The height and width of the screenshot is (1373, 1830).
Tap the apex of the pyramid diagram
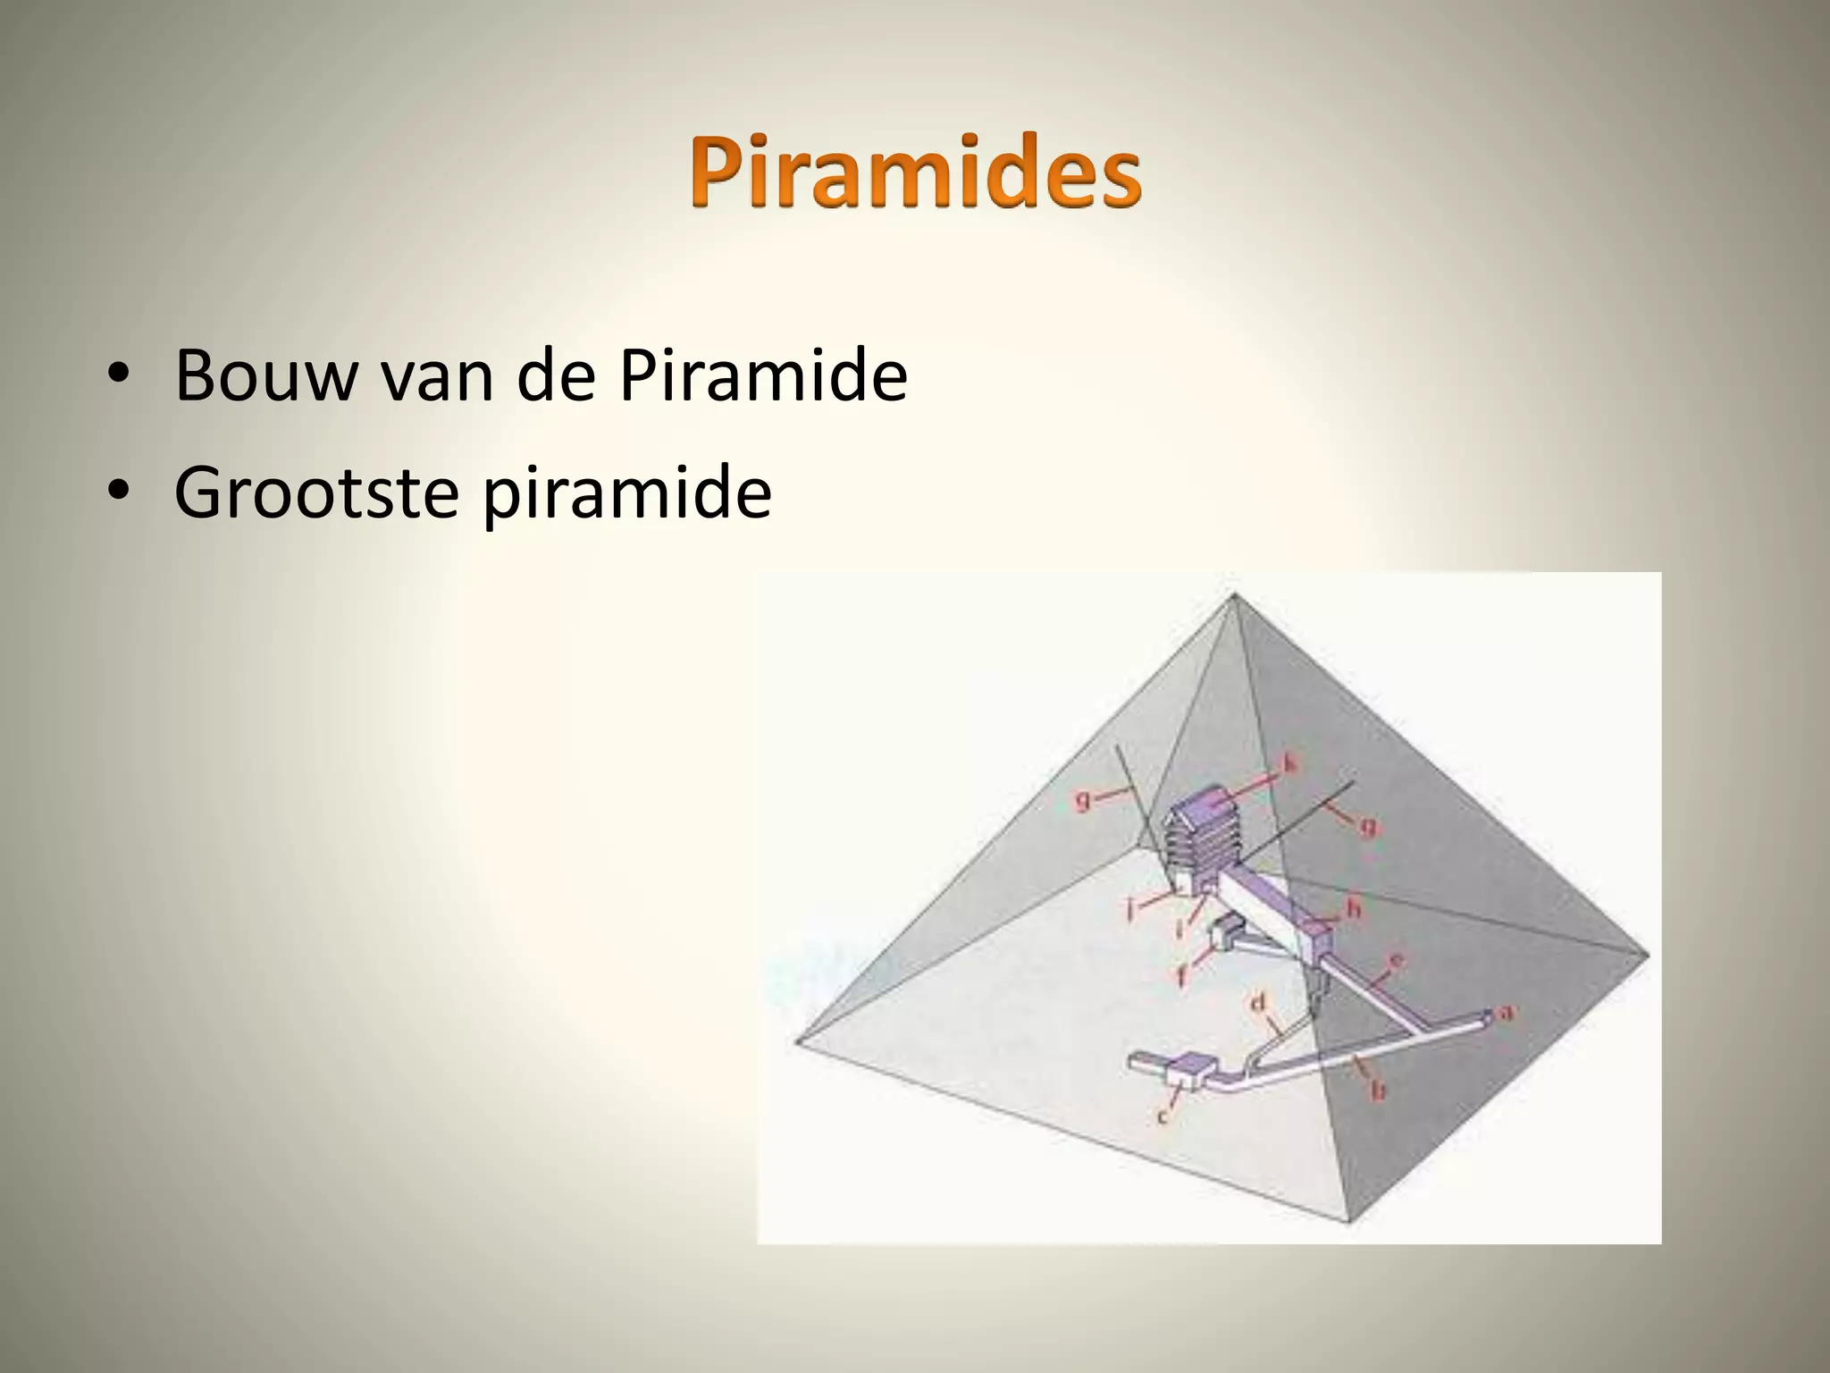point(1233,594)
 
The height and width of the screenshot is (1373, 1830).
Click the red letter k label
point(1289,763)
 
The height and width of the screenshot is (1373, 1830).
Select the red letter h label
point(1353,910)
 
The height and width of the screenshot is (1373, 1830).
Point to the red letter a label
point(1506,1013)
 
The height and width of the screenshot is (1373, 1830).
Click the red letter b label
point(1379,1090)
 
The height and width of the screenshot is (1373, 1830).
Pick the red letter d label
point(1258,1004)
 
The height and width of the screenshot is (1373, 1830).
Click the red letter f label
point(1181,977)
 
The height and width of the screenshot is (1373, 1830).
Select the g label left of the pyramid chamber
point(1084,801)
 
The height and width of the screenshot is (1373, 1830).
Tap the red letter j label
point(1130,911)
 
